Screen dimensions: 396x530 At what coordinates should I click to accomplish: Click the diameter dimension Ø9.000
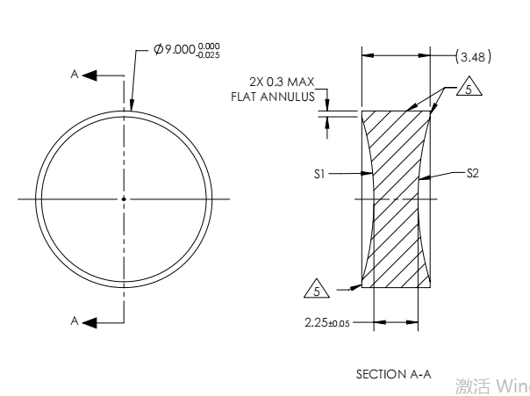coord(175,50)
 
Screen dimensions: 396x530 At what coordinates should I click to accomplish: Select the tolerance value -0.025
coord(209,55)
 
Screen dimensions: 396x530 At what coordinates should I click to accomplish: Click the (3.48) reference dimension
coord(474,57)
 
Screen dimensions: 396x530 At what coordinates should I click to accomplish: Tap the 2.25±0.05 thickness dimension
coord(326,323)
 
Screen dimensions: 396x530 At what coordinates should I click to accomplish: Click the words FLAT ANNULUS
coord(272,97)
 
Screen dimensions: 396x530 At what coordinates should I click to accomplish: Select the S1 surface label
coord(320,175)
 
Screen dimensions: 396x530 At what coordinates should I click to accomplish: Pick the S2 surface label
coord(472,173)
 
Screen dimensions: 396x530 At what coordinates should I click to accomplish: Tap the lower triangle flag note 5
coord(317,288)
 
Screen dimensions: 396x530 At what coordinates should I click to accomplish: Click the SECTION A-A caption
coord(393,374)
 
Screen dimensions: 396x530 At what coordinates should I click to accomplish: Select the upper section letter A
coord(75,76)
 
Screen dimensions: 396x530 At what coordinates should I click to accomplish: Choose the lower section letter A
coord(75,321)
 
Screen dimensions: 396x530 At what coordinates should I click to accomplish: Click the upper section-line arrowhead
coord(89,76)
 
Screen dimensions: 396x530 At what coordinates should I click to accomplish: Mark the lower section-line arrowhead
coord(89,321)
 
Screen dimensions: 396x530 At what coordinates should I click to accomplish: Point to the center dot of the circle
coord(124,199)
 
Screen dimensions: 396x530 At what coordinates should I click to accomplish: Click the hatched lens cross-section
coord(397,198)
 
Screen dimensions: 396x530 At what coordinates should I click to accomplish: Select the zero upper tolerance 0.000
coord(209,46)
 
